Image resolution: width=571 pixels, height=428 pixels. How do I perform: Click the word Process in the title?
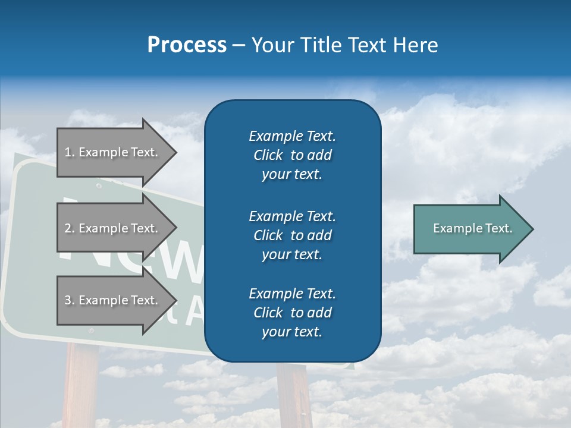pyautogui.click(x=187, y=45)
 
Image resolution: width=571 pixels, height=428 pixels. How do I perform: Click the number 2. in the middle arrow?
pyautogui.click(x=70, y=228)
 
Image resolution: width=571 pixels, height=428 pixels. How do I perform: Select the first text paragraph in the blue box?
pyautogui.click(x=292, y=155)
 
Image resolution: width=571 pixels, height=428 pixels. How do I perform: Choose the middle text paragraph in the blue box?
pyautogui.click(x=292, y=235)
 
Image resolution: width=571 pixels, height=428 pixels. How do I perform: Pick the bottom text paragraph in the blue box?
pyautogui.click(x=292, y=313)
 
